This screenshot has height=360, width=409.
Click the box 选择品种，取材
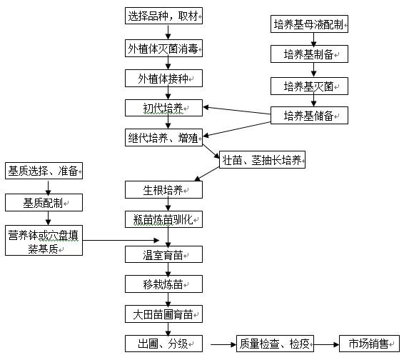pyautogui.click(x=163, y=16)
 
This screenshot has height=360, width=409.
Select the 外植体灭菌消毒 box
pyautogui.click(x=163, y=49)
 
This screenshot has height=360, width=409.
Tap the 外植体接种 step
pyautogui.click(x=163, y=79)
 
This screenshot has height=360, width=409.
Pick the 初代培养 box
pyautogui.click(x=163, y=108)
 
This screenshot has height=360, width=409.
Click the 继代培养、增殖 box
pyautogui.click(x=163, y=138)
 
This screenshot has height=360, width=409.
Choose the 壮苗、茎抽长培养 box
pyautogui.click(x=262, y=159)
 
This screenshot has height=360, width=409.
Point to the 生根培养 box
pyautogui.click(x=163, y=190)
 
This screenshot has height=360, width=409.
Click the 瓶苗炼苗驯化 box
pyautogui.click(x=163, y=219)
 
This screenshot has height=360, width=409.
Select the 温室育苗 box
pyautogui.click(x=163, y=254)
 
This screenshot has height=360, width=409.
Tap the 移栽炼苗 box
pyautogui.click(x=163, y=284)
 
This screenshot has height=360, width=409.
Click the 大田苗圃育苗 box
pyautogui.click(x=163, y=314)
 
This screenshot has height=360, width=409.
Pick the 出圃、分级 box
pyautogui.click(x=163, y=344)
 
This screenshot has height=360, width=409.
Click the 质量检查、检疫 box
pyautogui.click(x=275, y=344)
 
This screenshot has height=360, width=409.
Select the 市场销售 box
pyautogui.click(x=369, y=344)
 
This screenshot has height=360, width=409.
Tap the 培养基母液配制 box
pyautogui.click(x=309, y=24)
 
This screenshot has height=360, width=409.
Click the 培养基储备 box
pyautogui.click(x=309, y=115)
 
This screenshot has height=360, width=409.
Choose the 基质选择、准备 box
pyautogui.click(x=44, y=171)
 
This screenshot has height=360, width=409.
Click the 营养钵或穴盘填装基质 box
pyautogui.click(x=44, y=241)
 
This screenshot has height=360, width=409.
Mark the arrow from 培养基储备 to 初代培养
pyautogui.click(x=237, y=111)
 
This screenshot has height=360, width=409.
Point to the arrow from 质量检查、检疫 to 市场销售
pyautogui.click(x=326, y=344)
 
